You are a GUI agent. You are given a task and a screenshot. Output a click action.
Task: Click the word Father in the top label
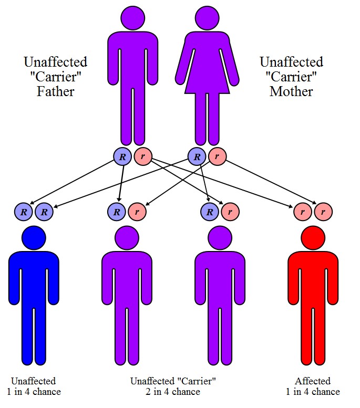pyautogui.click(x=55, y=91)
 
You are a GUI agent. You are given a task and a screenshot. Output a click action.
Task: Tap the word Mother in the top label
pyautogui.click(x=291, y=91)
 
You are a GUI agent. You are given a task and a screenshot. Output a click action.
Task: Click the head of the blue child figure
pyautogui.click(x=34, y=238)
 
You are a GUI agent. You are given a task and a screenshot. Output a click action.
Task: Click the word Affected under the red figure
pyautogui.click(x=313, y=381)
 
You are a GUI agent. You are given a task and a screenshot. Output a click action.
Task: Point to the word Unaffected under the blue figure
pyautogui.click(x=34, y=381)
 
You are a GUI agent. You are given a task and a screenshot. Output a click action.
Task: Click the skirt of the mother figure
pyautogui.click(x=206, y=79)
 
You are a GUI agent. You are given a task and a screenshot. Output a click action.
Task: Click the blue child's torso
pyautogui.click(x=34, y=278)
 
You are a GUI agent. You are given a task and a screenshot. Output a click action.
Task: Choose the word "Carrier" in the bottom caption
pyautogui.click(x=198, y=381)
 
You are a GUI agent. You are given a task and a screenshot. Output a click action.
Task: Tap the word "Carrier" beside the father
pyautogui.click(x=55, y=77)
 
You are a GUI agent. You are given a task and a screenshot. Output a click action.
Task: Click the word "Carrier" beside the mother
pyautogui.click(x=291, y=77)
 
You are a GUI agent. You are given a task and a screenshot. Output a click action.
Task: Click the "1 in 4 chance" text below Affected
pyautogui.click(x=313, y=392)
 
